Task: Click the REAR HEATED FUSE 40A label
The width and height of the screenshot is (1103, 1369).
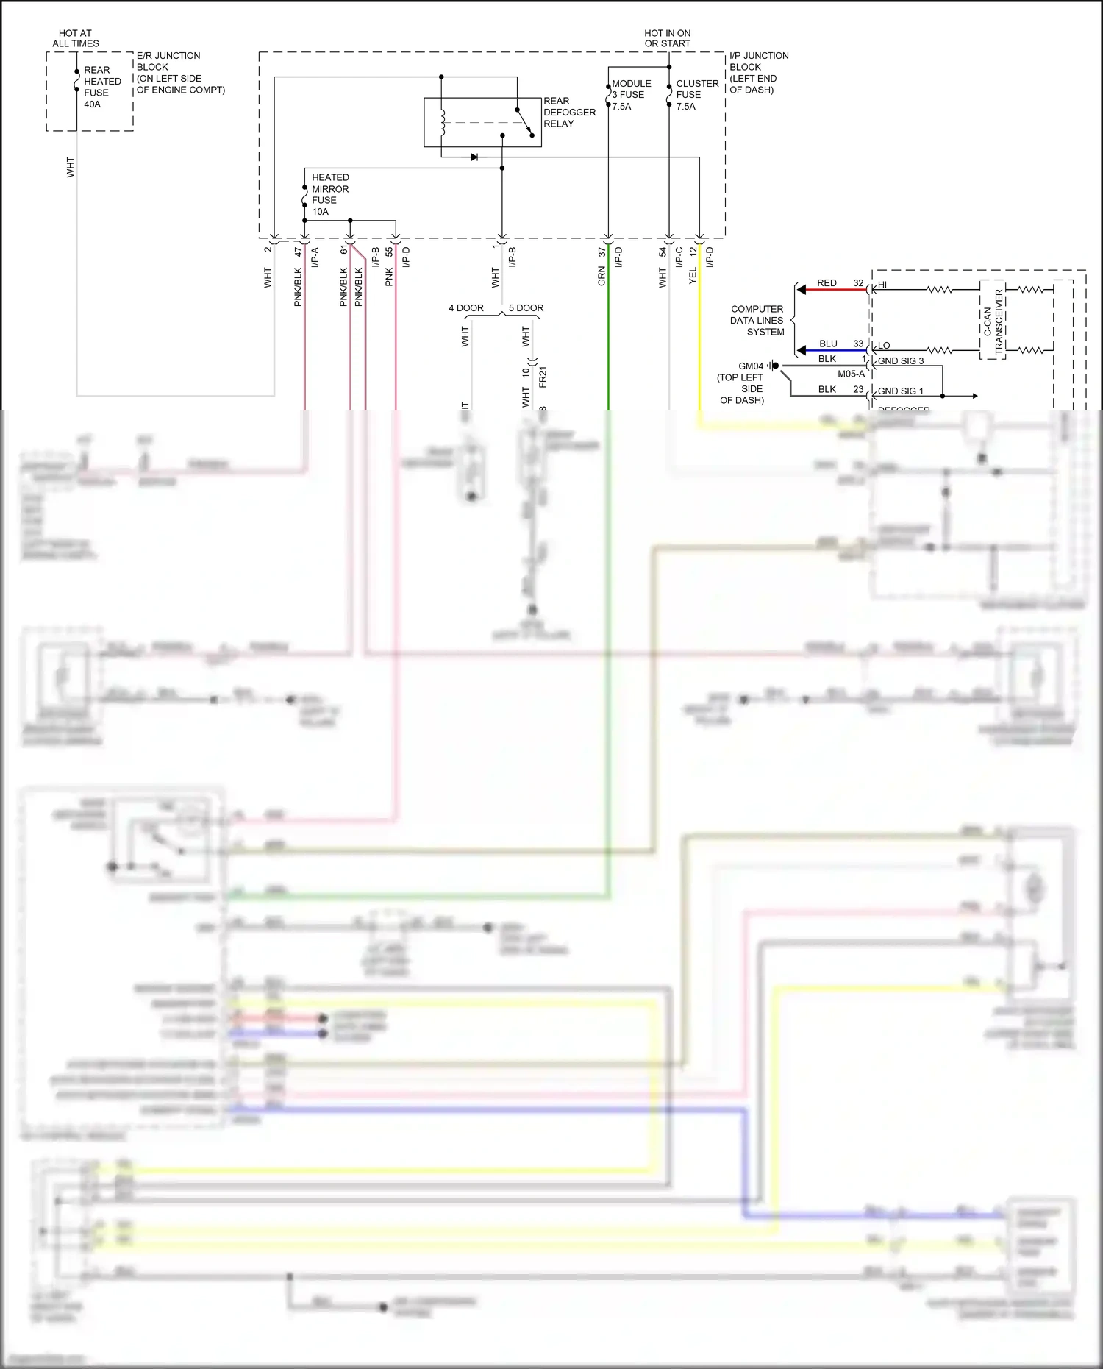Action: pos(101,87)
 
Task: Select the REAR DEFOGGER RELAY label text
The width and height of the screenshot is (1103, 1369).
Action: pos(568,113)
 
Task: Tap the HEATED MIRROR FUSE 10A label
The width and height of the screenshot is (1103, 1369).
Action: pos(329,194)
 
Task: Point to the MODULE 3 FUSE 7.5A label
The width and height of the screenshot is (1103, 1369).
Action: pos(630,95)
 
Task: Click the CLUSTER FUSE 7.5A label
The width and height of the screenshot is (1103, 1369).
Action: pos(696,95)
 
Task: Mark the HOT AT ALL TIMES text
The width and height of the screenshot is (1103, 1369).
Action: pos(75,38)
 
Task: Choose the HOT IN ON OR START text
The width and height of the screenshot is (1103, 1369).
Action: pos(667,38)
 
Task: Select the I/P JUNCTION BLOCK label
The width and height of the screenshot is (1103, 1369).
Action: pos(758,72)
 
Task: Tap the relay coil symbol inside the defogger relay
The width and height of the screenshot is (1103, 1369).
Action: pos(443,122)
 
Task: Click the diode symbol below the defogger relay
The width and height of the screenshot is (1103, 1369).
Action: pos(474,157)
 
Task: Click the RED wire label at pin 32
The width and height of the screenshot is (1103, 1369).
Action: pos(826,283)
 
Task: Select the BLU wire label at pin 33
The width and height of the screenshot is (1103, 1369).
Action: pos(827,344)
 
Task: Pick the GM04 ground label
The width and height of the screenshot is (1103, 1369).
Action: pos(750,366)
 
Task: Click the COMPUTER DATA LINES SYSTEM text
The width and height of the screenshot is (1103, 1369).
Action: pos(757,321)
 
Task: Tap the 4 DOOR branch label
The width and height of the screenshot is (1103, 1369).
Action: pos(465,308)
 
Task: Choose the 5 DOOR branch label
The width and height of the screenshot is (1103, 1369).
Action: pos(526,308)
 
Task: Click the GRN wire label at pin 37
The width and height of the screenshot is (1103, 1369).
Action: pos(601,277)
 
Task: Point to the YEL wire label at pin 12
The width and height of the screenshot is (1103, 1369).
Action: pos(692,276)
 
